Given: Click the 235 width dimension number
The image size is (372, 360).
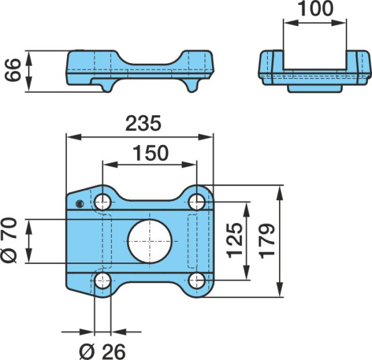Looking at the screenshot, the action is pos(143,123).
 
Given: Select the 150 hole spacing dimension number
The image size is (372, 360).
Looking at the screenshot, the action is pos(151,153).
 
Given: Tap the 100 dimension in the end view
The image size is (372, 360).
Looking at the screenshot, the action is pos(316,9).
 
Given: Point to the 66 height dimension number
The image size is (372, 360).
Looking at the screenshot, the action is pos(12,70).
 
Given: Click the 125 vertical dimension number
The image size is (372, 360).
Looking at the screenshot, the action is pos(235,240).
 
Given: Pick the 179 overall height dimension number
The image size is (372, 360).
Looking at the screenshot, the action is pos(267,240).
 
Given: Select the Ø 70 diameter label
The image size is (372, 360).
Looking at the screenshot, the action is pos(9,240).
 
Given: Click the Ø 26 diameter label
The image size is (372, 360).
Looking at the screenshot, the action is pos(102,351).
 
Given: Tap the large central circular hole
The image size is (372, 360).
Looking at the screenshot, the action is pos(149,241).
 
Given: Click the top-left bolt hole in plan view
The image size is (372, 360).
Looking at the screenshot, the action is pos(103,202).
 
